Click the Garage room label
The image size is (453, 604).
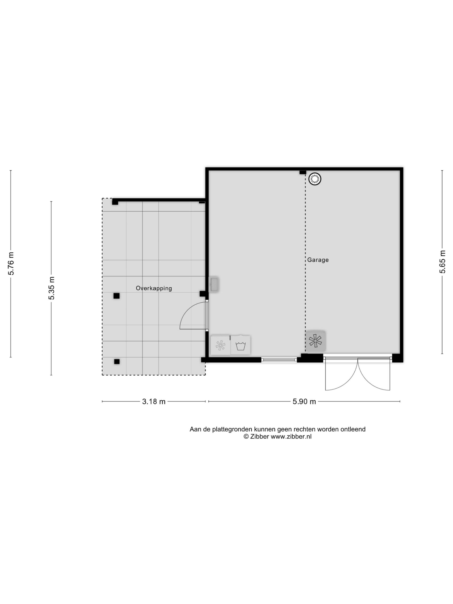click(318, 260)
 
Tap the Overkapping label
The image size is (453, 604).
click(154, 288)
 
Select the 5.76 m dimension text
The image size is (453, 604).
click(11, 264)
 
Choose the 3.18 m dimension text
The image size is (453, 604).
click(154, 401)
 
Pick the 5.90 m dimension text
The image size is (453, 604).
click(304, 401)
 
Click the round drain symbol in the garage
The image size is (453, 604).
click(315, 179)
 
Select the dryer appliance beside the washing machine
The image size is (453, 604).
click(220, 345)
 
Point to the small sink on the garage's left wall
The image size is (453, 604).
click(214, 284)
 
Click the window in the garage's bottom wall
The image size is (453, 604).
click(279, 360)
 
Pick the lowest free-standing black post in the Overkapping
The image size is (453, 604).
click(117, 361)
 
